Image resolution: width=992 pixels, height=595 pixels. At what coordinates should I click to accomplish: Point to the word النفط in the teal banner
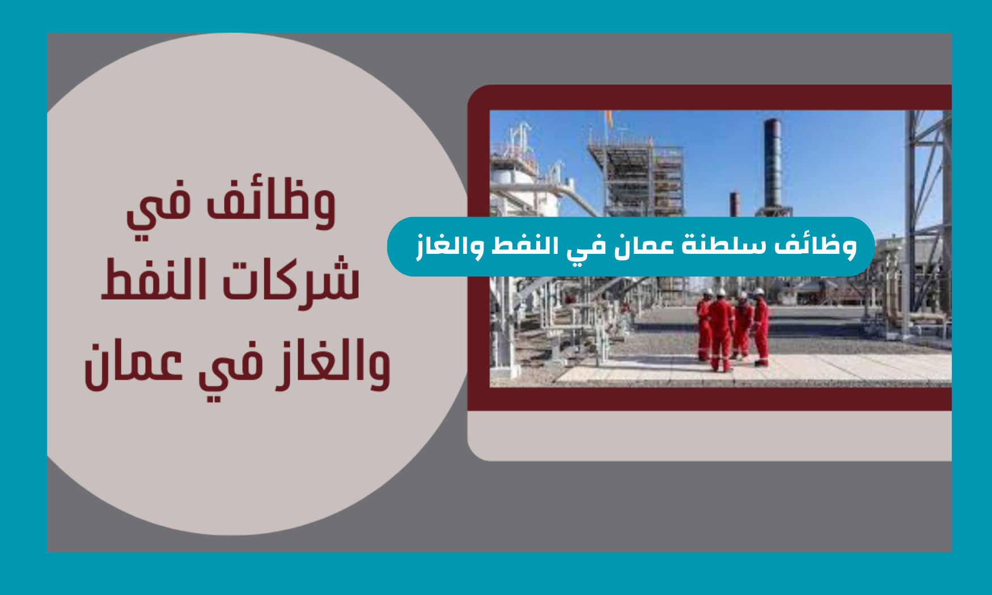pyautogui.click(x=520, y=246)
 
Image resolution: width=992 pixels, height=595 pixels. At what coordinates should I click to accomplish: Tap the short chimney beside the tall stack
pyautogui.click(x=735, y=204)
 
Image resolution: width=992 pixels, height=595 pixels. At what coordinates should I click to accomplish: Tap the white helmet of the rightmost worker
pyautogui.click(x=759, y=292)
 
